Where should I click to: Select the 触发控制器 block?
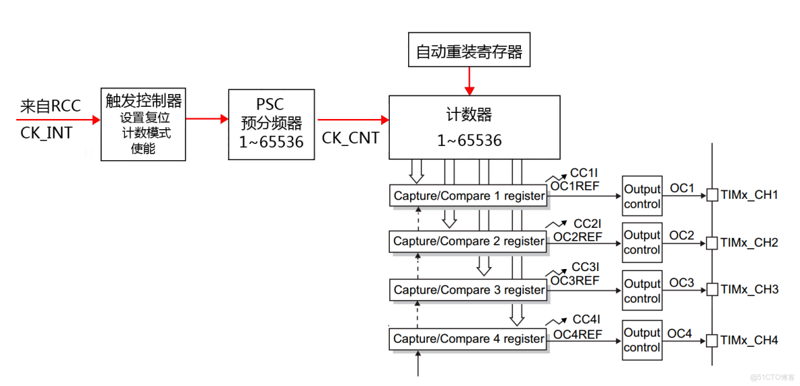pyautogui.click(x=143, y=124)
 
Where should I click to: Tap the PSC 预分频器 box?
pyautogui.click(x=271, y=124)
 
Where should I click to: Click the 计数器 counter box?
pyautogui.click(x=474, y=127)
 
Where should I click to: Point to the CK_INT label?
pyautogui.click(x=46, y=133)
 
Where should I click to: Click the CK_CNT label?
pyautogui.click(x=350, y=139)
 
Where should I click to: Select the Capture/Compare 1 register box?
pyautogui.click(x=469, y=196)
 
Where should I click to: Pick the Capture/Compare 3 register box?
pyautogui.click(x=469, y=290)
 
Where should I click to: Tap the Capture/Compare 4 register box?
pyautogui.click(x=469, y=339)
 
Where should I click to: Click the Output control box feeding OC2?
pyautogui.click(x=642, y=242)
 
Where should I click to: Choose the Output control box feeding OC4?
pyautogui.click(x=642, y=340)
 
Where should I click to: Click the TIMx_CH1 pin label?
pyautogui.click(x=749, y=195)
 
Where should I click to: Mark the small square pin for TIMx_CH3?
pyautogui.click(x=711, y=290)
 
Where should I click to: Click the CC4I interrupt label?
pyautogui.click(x=586, y=320)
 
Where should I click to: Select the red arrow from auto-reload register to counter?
pyautogui.click(x=469, y=81)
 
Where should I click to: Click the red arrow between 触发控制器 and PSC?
pyautogui.click(x=207, y=119)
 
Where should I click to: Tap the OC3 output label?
pyautogui.click(x=681, y=283)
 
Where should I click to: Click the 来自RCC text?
pyautogui.click(x=51, y=106)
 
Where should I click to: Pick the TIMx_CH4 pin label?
pyautogui.click(x=749, y=340)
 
